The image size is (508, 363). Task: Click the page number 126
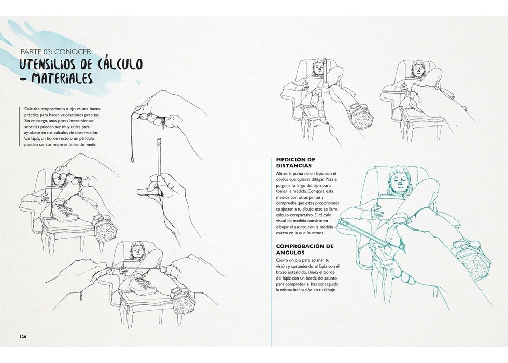coord(23,336)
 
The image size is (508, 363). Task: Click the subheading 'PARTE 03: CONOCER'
coord(56,52)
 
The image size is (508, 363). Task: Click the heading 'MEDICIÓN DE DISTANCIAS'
coord(295,163)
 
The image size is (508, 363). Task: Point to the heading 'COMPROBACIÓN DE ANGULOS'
coord(305,249)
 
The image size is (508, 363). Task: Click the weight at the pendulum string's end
coord(132,160)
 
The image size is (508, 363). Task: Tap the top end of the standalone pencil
coord(158,139)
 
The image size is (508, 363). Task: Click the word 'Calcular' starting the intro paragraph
coord(32,109)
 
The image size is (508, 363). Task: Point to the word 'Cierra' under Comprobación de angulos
coord(281,260)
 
